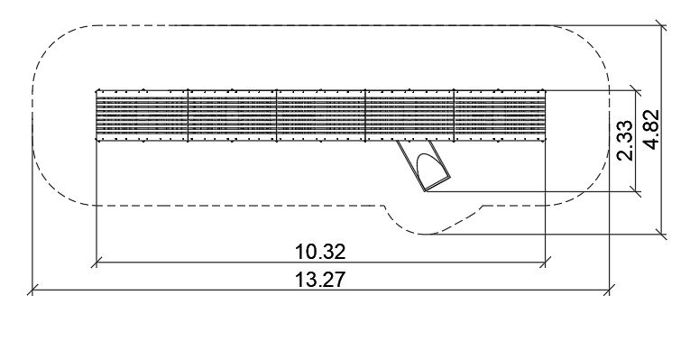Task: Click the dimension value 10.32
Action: click(x=320, y=252)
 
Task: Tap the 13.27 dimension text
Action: click(x=320, y=280)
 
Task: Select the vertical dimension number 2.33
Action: click(x=625, y=141)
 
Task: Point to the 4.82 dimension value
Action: click(x=652, y=129)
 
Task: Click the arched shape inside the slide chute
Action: click(x=427, y=169)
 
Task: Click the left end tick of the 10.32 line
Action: click(x=97, y=262)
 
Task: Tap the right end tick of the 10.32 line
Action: click(x=545, y=262)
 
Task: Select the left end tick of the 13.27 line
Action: click(x=32, y=290)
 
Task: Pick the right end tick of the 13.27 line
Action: click(x=609, y=290)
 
